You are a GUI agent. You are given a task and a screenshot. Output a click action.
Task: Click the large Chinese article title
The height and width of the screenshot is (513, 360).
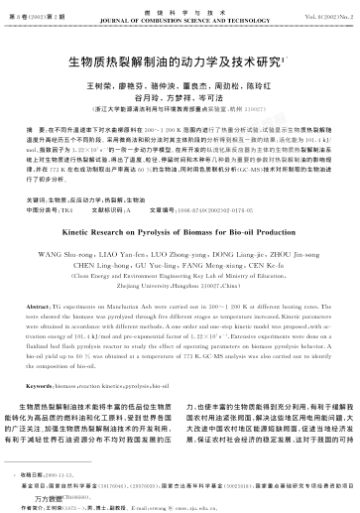pyautogui.click(x=180, y=61)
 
